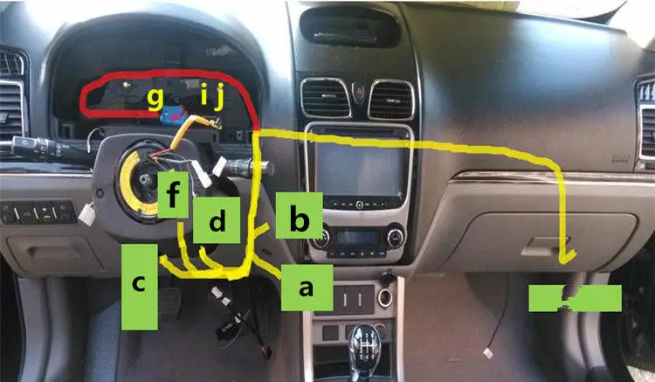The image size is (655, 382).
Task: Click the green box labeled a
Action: click(305, 288)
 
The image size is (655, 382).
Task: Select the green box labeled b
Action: click(299, 216)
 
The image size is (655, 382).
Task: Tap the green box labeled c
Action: click(140, 286)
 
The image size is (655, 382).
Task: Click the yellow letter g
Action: click(155, 97)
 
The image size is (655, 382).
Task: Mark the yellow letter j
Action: click(219, 94)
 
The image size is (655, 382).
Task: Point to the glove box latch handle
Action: click(541, 247)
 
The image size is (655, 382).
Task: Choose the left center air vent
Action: click(325, 98)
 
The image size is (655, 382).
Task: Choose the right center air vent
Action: click(391, 98)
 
